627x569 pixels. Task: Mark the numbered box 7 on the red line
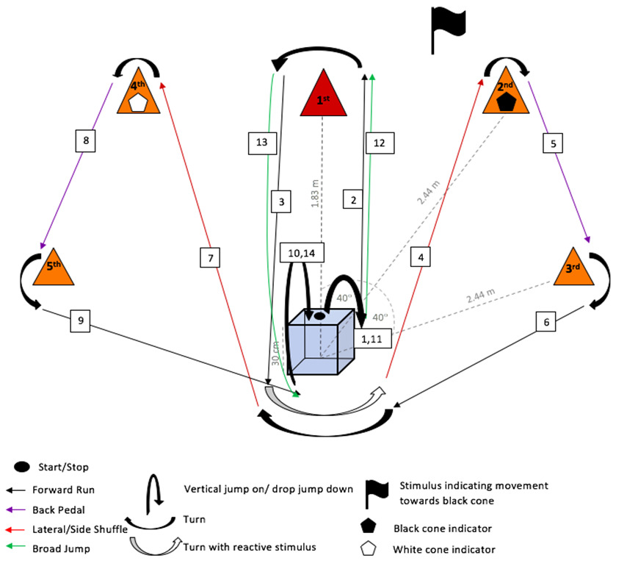coord(210,257)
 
